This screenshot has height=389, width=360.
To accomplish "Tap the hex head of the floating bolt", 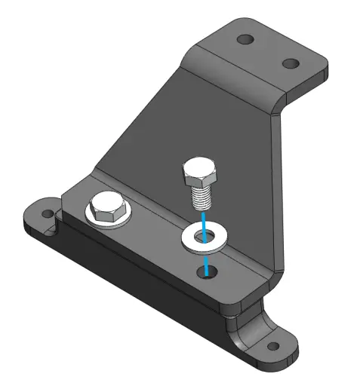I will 199,174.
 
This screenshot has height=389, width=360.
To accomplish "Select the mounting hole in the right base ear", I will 272,348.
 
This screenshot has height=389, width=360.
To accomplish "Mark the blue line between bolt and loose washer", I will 202,219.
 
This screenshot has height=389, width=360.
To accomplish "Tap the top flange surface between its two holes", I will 266,51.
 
